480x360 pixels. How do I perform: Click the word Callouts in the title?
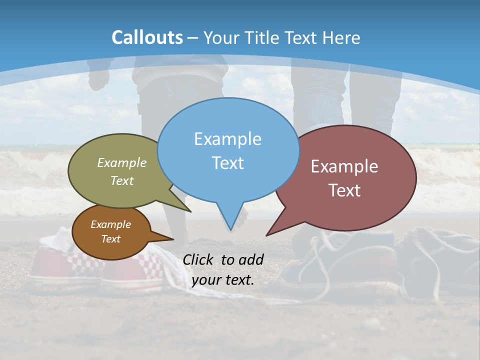pos(147,37)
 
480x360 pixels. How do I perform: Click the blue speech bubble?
pos(228,150)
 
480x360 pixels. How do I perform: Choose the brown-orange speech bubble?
pos(111,231)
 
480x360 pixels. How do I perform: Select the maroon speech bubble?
pos(345,177)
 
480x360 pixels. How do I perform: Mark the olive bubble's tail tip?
pos(190,211)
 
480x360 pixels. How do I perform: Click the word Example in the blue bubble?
pos(227,138)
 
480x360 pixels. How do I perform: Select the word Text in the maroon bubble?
pos(345,190)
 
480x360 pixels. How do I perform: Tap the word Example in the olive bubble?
pos(122,162)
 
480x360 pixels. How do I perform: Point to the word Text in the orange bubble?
pos(111,239)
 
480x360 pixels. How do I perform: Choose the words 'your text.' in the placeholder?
pos(223,280)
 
